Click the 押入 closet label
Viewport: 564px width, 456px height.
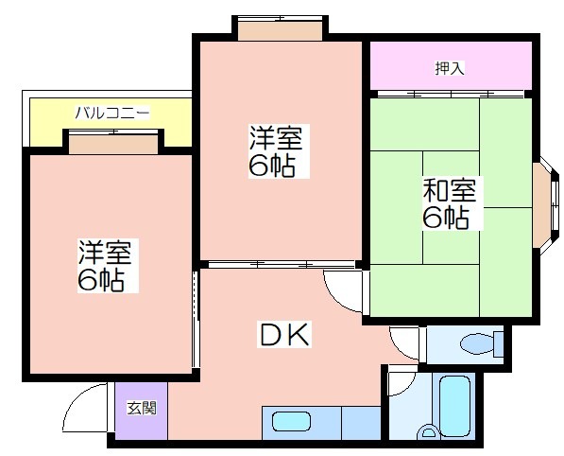pyautogui.click(x=450, y=68)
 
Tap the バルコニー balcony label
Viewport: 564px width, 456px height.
pyautogui.click(x=112, y=113)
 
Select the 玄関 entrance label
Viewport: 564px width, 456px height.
pyautogui.click(x=142, y=408)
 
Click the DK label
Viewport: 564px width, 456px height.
pyautogui.click(x=284, y=335)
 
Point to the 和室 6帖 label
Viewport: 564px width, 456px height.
pyautogui.click(x=450, y=202)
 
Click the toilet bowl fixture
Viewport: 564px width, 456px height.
pyautogui.click(x=477, y=344)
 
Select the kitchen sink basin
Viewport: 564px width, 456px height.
pyautogui.click(x=291, y=422)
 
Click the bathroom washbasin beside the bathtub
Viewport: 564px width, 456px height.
pyautogui.click(x=428, y=431)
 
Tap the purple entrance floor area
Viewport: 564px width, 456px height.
pyautogui.click(x=142, y=411)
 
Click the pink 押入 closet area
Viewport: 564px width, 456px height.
pyautogui.click(x=451, y=65)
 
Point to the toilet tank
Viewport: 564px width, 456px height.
pyautogui.click(x=499, y=344)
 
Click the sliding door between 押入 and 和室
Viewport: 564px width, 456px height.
pyautogui.click(x=451, y=94)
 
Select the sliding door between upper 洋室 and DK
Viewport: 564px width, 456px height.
pyautogui.click(x=282, y=264)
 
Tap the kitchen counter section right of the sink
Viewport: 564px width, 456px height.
pyautogui.click(x=361, y=423)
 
